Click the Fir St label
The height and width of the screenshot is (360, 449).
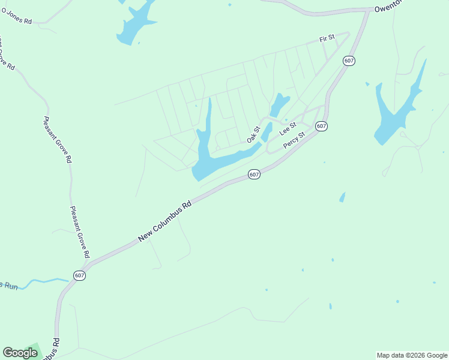[327, 38]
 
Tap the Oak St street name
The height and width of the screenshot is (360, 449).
[253, 134]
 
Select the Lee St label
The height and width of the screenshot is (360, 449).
[288, 129]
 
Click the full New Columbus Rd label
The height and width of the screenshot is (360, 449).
[164, 221]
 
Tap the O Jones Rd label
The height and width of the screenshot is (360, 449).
[16, 19]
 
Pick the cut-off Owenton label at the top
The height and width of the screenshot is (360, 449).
[390, 8]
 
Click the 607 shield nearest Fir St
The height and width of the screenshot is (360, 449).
[349, 61]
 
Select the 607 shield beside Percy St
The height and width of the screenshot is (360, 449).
[321, 126]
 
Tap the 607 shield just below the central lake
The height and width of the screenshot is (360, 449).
[254, 175]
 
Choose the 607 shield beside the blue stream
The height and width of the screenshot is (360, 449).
[80, 275]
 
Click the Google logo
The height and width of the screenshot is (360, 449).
[20, 353]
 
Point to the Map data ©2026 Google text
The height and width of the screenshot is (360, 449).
[411, 355]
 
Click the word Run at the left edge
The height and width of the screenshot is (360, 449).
[10, 286]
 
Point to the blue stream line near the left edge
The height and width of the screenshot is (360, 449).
[45, 281]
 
